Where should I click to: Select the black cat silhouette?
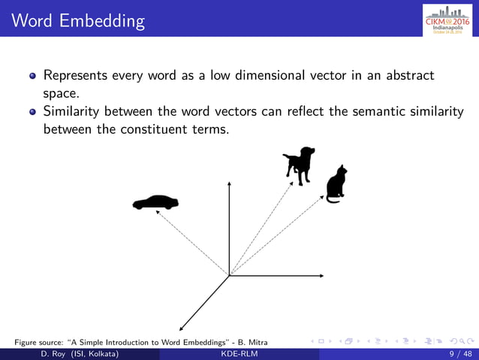point(336,183)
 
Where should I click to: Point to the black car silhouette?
point(155,202)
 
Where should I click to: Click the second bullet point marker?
point(32,112)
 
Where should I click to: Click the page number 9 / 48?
point(460,353)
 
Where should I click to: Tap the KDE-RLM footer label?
point(239,353)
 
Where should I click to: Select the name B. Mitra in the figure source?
point(251,343)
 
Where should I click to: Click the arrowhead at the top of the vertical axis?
point(228,183)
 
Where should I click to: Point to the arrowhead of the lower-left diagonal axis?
point(181,327)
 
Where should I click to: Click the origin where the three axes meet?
point(228,276)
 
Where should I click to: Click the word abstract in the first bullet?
point(408,76)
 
